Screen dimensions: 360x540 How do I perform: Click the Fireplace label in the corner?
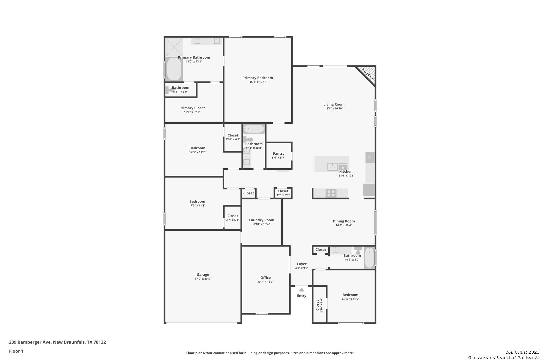368,74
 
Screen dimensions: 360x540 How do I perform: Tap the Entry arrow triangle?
302,289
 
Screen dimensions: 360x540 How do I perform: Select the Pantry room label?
278,154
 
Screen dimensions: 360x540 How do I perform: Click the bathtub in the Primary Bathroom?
174,69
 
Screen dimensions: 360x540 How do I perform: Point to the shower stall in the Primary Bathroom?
174,47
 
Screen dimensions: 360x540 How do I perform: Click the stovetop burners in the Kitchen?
331,193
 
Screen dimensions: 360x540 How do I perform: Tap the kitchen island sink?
332,166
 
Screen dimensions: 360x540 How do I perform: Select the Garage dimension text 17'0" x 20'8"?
203,279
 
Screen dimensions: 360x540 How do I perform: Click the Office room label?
265,278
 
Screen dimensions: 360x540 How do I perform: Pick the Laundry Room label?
262,220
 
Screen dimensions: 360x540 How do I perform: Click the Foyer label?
302,264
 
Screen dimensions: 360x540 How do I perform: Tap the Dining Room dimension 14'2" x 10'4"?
344,225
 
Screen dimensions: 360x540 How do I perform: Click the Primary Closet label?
192,108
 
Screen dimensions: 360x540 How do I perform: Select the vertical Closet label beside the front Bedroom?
317,305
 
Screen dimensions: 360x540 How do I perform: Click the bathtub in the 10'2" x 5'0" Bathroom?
369,258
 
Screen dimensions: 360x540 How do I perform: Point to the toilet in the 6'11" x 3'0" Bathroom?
168,90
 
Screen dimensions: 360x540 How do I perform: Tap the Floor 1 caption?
16,351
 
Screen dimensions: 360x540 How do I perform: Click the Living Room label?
334,104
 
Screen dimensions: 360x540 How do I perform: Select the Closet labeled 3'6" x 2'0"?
283,191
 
